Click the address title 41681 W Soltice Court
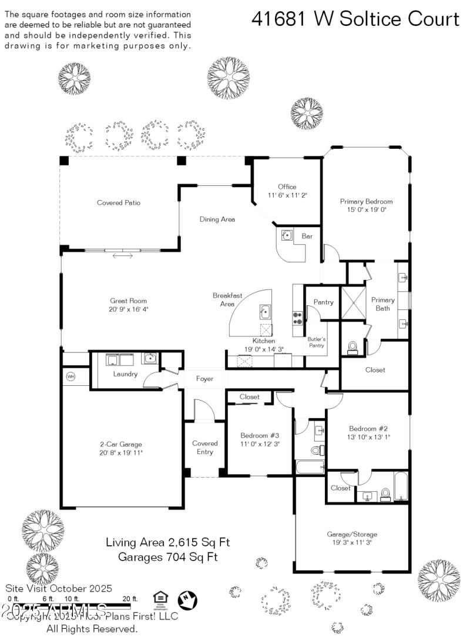coord(355,19)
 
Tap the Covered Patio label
coord(119,203)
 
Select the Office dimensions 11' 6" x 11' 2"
coord(287,195)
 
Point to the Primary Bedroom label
coord(366,201)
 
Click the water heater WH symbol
coord(71,376)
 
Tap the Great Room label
coord(128,301)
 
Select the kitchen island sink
coord(265,312)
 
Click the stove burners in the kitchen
coord(297,318)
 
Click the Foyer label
coord(204,379)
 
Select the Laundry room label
coord(125,374)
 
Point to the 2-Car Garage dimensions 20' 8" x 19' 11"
coord(121,452)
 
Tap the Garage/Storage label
coord(352,534)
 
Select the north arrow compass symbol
coord(187,600)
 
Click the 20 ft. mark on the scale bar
coord(130,598)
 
